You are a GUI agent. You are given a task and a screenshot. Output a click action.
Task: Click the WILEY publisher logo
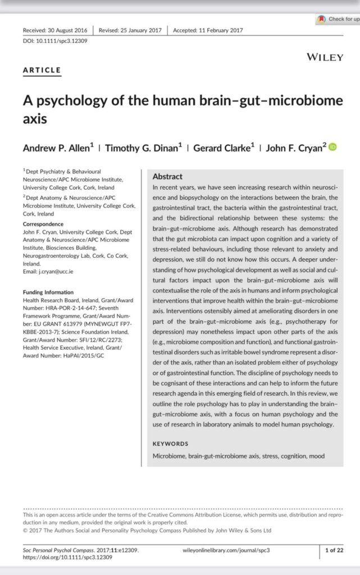click(325, 57)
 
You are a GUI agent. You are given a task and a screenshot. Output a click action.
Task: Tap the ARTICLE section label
click(42, 70)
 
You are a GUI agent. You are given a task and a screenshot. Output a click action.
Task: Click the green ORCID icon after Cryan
click(332, 148)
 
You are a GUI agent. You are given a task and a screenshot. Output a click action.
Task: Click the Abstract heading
click(167, 176)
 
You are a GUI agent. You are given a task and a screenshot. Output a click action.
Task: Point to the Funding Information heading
click(48, 293)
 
